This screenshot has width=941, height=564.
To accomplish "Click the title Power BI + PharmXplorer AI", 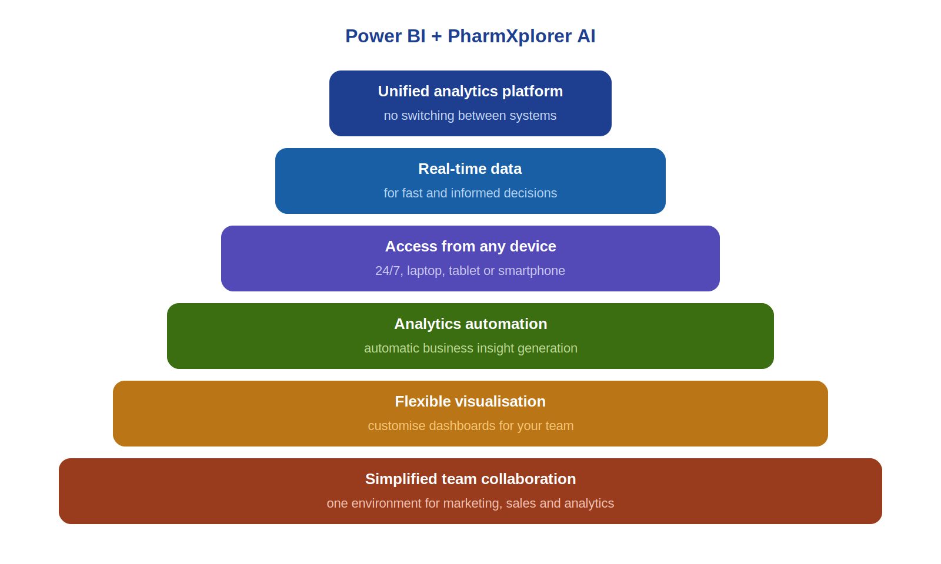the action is [470, 36].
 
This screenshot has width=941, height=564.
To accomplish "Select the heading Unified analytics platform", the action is [470, 92].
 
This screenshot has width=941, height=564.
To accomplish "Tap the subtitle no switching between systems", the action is [470, 115].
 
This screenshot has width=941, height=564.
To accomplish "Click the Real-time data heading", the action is [470, 169].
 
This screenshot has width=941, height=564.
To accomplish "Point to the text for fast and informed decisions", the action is [470, 193].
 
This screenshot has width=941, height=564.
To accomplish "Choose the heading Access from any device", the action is [470, 246].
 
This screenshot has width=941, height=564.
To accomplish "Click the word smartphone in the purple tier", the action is [532, 271].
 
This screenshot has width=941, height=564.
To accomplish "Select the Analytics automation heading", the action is [470, 324].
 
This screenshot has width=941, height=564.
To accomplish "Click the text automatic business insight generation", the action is [470, 348].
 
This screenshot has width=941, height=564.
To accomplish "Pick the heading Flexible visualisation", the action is [470, 402].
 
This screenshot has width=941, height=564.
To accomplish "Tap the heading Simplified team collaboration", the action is [470, 479].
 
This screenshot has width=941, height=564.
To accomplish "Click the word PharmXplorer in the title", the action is [509, 36].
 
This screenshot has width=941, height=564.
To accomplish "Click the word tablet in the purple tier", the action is [464, 271].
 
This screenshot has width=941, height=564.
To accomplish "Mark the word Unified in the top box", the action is [403, 92].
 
